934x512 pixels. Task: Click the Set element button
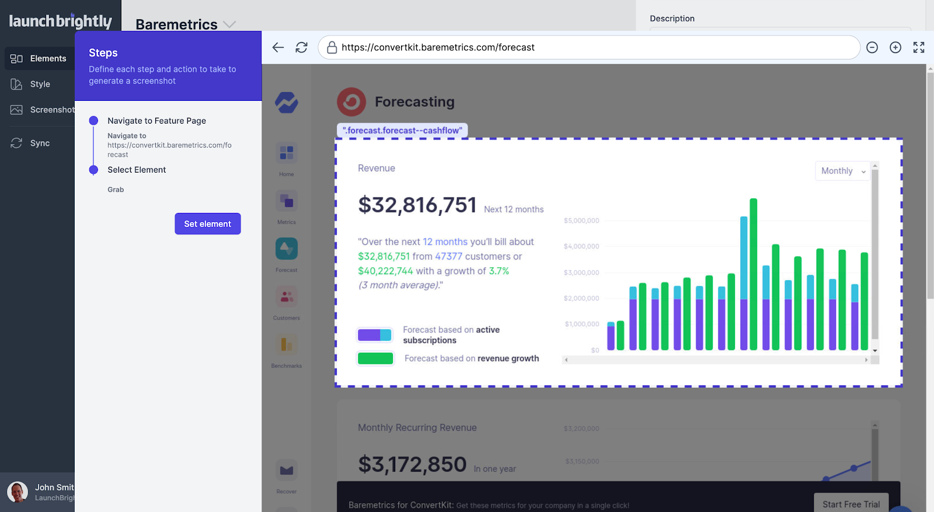(207, 224)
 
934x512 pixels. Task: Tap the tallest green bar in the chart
(753, 274)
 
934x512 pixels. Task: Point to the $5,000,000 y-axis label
(581, 220)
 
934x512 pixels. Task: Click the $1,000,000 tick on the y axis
(582, 324)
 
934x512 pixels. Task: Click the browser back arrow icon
(278, 47)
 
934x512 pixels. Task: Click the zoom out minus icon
(872, 47)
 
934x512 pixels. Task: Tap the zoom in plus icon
(895, 47)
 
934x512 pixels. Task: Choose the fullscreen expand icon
(919, 47)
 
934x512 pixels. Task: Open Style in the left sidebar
(40, 84)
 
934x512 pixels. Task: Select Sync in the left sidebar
(40, 143)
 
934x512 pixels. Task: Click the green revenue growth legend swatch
(375, 358)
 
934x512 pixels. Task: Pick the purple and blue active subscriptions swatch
(374, 335)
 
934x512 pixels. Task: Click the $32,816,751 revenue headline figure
(417, 205)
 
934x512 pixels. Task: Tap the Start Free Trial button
(851, 504)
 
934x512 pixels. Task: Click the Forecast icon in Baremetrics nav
(287, 249)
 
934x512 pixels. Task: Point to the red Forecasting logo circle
(351, 101)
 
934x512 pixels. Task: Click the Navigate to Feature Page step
(156, 121)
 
